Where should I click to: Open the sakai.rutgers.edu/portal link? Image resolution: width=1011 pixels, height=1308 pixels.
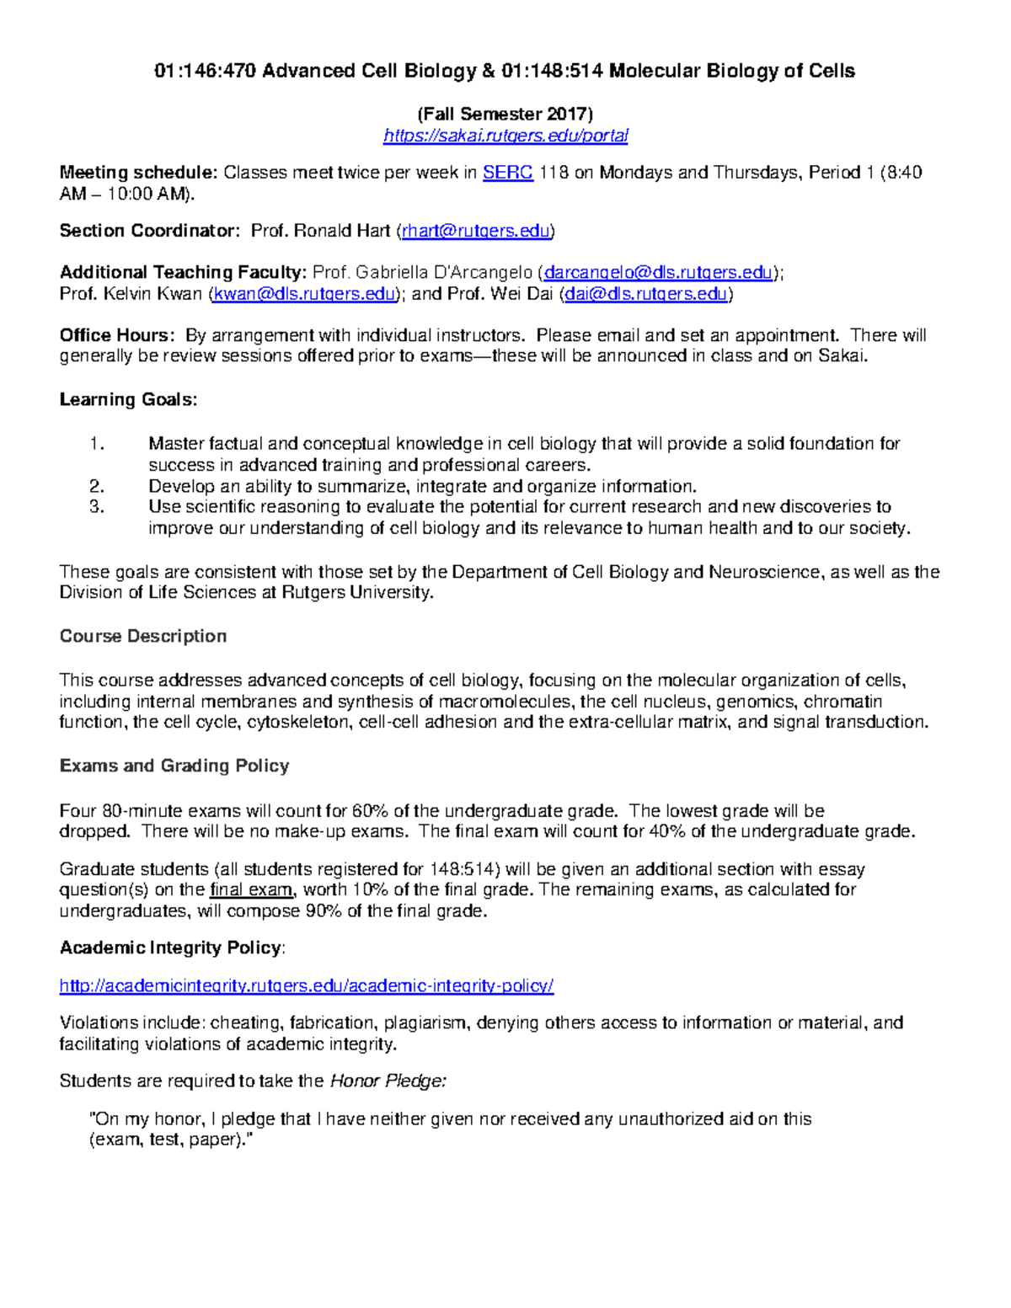505,136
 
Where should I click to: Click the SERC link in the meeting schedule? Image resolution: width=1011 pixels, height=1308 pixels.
507,173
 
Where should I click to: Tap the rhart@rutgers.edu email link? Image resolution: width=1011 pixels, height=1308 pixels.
476,231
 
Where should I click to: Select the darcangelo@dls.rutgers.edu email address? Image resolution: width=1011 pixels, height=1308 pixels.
658,272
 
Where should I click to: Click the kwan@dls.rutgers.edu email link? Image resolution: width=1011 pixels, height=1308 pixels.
304,293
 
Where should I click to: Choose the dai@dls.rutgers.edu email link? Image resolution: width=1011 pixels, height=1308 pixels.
645,293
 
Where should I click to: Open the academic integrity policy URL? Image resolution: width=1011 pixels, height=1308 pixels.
307,985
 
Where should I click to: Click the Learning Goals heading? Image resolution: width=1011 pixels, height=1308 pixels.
128,399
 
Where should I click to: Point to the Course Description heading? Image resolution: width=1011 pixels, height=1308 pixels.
142,636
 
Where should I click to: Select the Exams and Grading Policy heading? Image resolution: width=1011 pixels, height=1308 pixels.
174,766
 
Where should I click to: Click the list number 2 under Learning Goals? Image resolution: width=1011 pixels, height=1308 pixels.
96,486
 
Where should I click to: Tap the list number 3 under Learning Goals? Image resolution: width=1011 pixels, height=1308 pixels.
96,507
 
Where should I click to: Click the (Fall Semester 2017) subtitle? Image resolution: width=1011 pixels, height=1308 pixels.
505,114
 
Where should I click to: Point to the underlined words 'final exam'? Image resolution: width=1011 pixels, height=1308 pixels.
252,889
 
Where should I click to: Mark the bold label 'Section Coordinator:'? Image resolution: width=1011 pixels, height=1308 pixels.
149,231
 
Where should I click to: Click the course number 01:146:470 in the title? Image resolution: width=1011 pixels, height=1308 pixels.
206,71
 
